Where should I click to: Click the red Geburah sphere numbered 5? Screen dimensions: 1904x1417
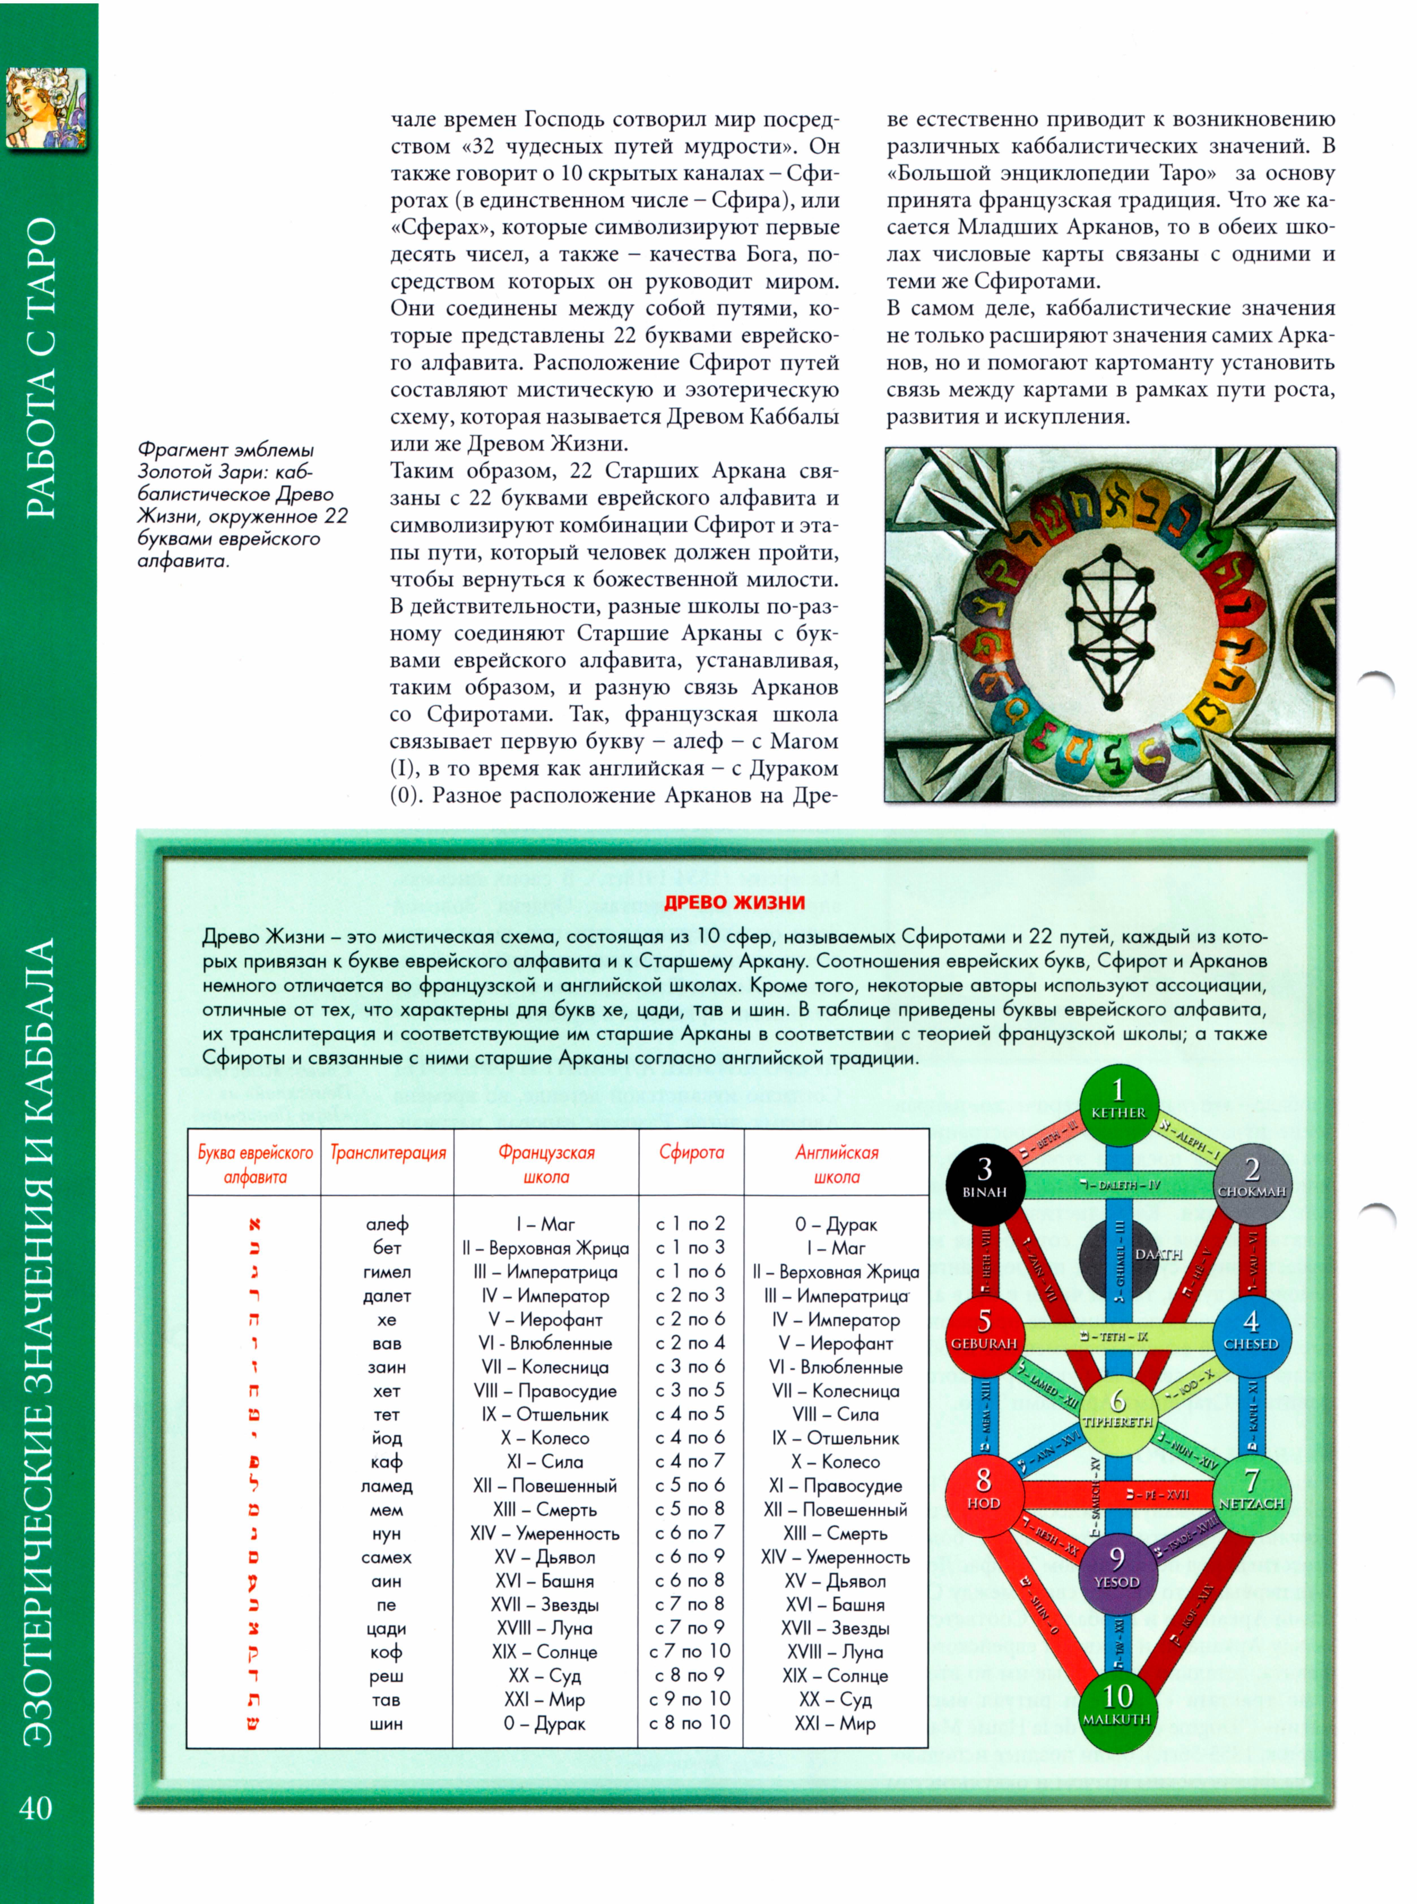(x=984, y=1334)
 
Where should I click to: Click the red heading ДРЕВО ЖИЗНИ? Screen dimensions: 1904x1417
(x=734, y=902)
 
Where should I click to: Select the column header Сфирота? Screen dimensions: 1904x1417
(x=691, y=1153)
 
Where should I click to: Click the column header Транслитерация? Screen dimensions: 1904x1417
(x=388, y=1153)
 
